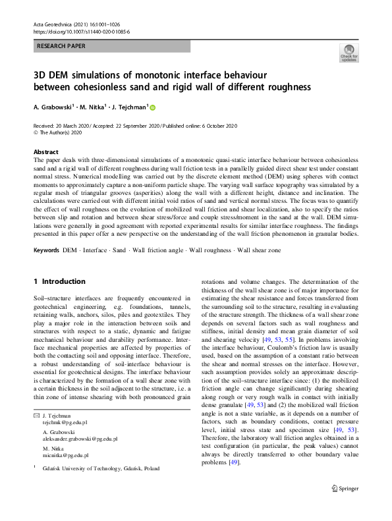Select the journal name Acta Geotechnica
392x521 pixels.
coord(54,24)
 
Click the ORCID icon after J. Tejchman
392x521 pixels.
coord(153,107)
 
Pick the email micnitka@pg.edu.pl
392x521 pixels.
coord(64,455)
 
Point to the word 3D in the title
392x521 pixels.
coord(42,74)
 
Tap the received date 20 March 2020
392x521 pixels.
coord(74,125)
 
